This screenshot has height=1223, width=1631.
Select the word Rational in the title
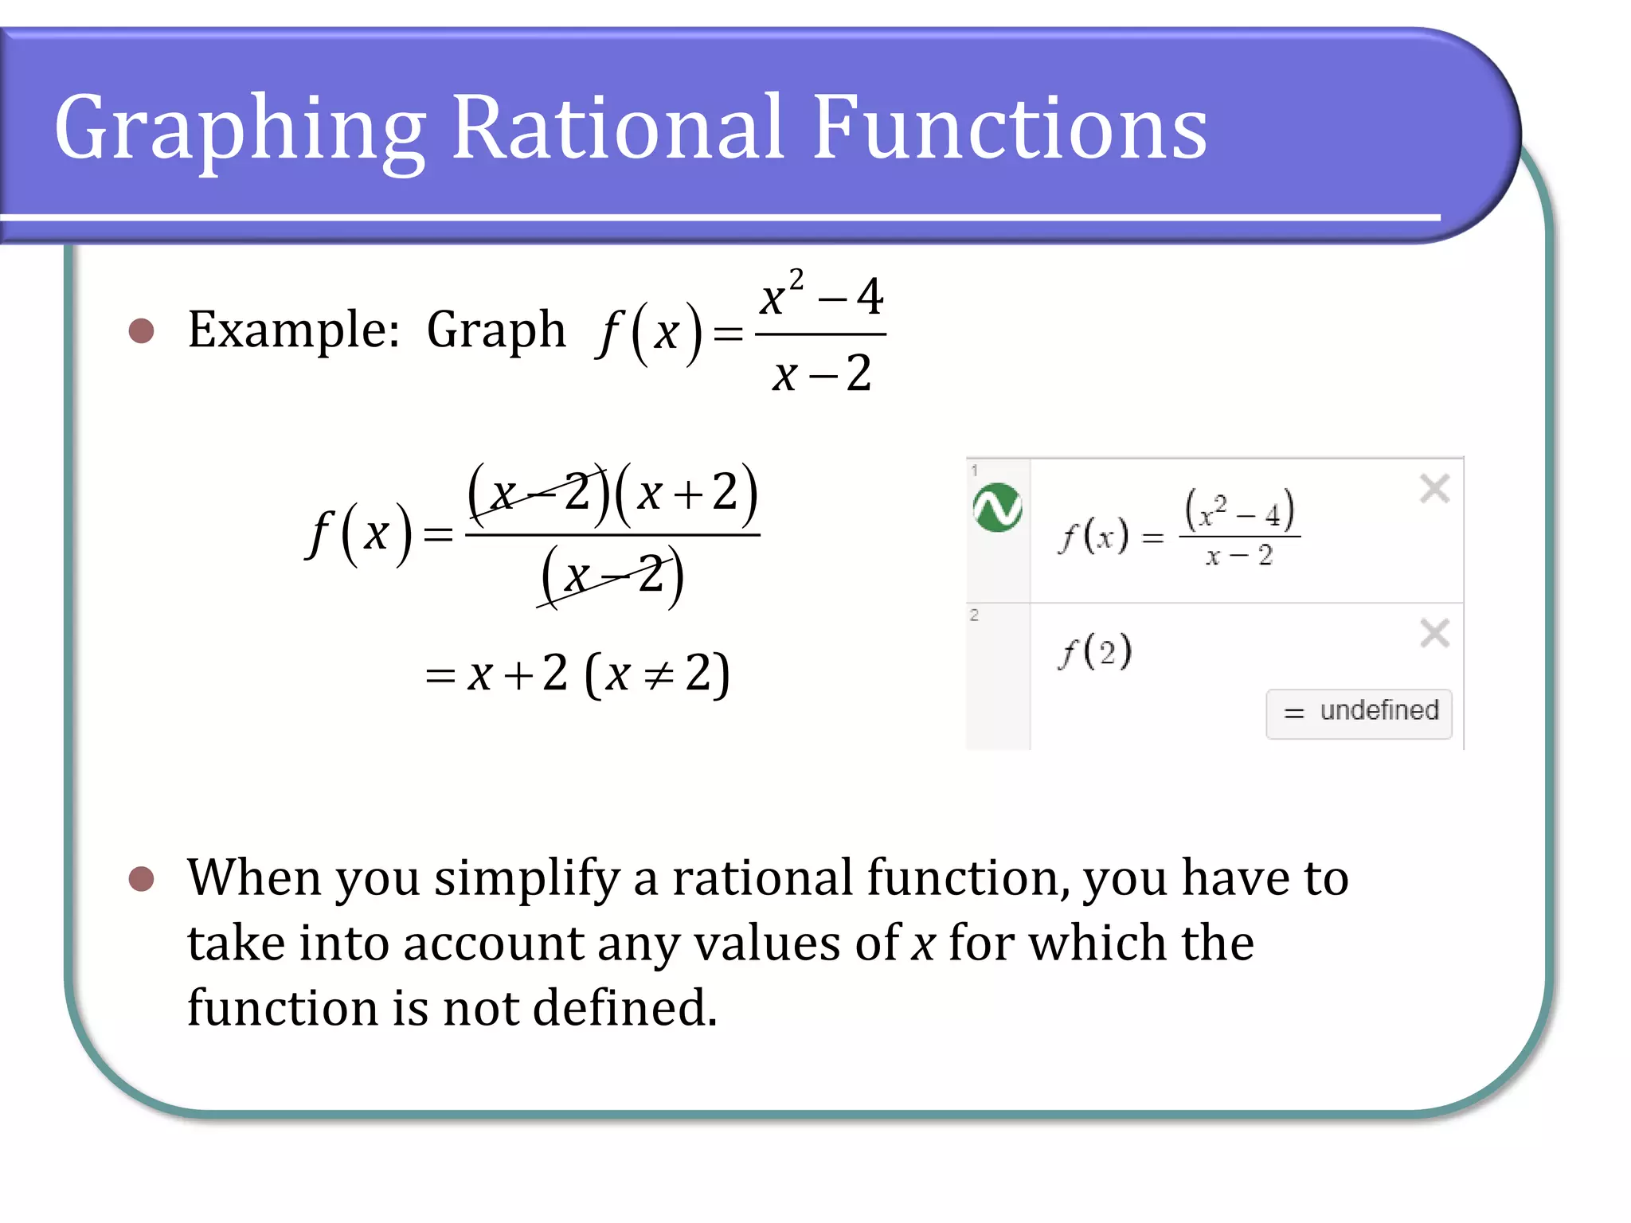618,127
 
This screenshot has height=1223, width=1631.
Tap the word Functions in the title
1009,127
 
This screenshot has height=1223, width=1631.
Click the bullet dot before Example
141,330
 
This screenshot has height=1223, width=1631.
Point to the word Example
292,330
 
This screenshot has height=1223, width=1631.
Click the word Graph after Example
495,330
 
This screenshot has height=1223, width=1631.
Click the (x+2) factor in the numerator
686,493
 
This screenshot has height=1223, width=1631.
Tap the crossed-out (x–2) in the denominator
612,575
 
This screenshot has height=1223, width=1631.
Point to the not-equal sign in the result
658,675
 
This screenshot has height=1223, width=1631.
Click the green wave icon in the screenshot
997,507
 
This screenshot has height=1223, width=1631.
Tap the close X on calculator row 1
1434,488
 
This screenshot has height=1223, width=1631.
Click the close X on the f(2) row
1434,634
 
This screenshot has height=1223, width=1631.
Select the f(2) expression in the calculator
1096,651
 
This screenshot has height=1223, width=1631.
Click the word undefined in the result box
1379,710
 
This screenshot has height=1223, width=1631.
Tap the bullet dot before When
141,879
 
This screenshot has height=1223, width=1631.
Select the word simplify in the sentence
526,879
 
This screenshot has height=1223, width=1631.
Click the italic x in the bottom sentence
923,944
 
